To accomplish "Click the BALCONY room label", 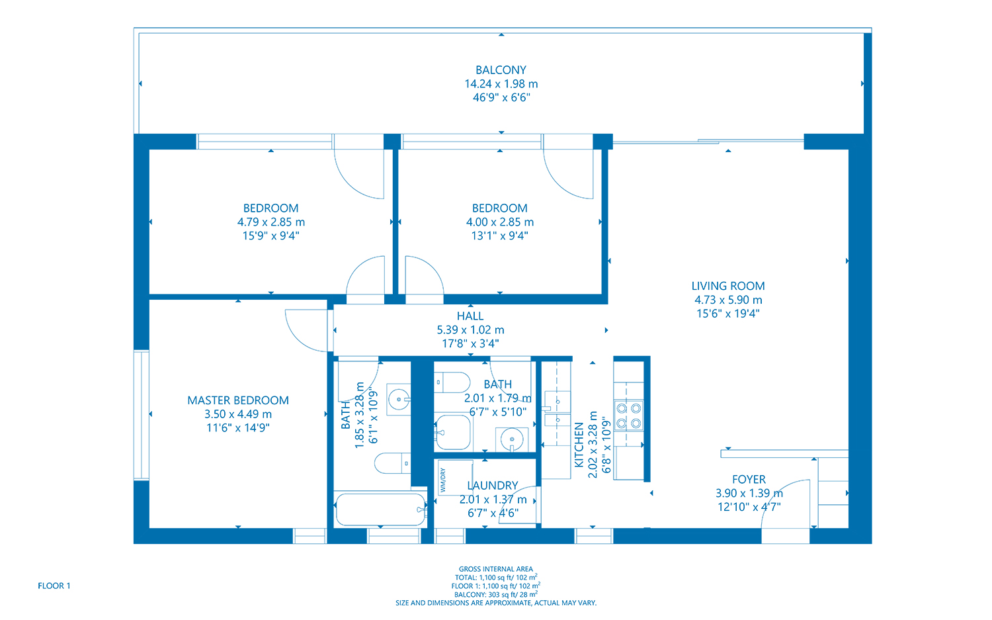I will tap(501, 70).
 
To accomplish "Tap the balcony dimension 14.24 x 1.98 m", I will tap(501, 84).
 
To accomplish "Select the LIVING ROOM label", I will tap(727, 286).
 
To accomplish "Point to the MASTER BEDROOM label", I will tap(238, 400).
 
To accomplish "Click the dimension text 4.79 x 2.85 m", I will tap(271, 222).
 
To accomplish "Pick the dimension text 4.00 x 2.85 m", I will tap(499, 222).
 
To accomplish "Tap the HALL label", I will tap(470, 316).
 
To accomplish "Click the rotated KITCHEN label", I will tap(579, 445).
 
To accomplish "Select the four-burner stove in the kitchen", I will tap(628, 415).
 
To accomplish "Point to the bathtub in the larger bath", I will tap(380, 509).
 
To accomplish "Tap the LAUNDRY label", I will tap(493, 486).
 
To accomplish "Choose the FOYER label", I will tap(749, 480).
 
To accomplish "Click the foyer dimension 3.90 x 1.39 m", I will tap(749, 494).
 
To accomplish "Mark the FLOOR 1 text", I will tap(54, 586).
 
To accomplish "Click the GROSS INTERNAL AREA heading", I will tap(496, 569).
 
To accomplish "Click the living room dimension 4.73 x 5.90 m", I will tap(727, 300).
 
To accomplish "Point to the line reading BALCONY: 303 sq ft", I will tap(496, 594).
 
